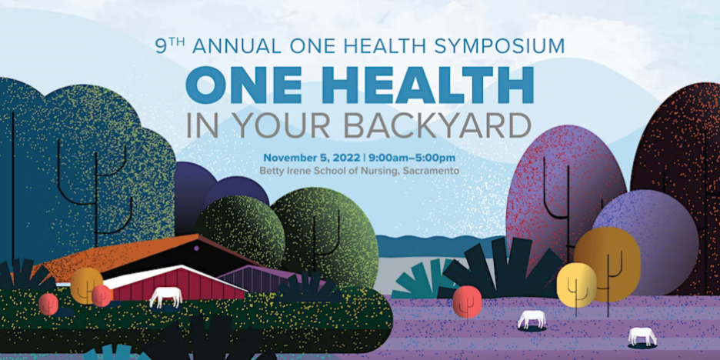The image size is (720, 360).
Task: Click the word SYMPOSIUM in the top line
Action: point(501,45)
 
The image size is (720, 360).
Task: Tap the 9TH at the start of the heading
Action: point(170,45)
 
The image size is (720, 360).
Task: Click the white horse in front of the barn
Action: point(166,296)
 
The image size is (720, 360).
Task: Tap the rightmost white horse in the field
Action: point(642,336)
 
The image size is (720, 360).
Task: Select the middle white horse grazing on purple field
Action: point(532,318)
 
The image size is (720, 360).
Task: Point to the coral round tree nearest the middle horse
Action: point(467,300)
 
